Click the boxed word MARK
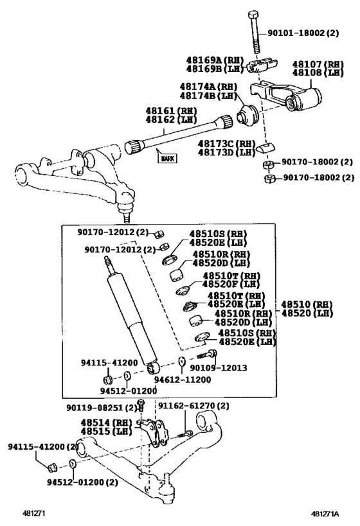167,157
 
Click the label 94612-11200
182,380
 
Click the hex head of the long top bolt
253,15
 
